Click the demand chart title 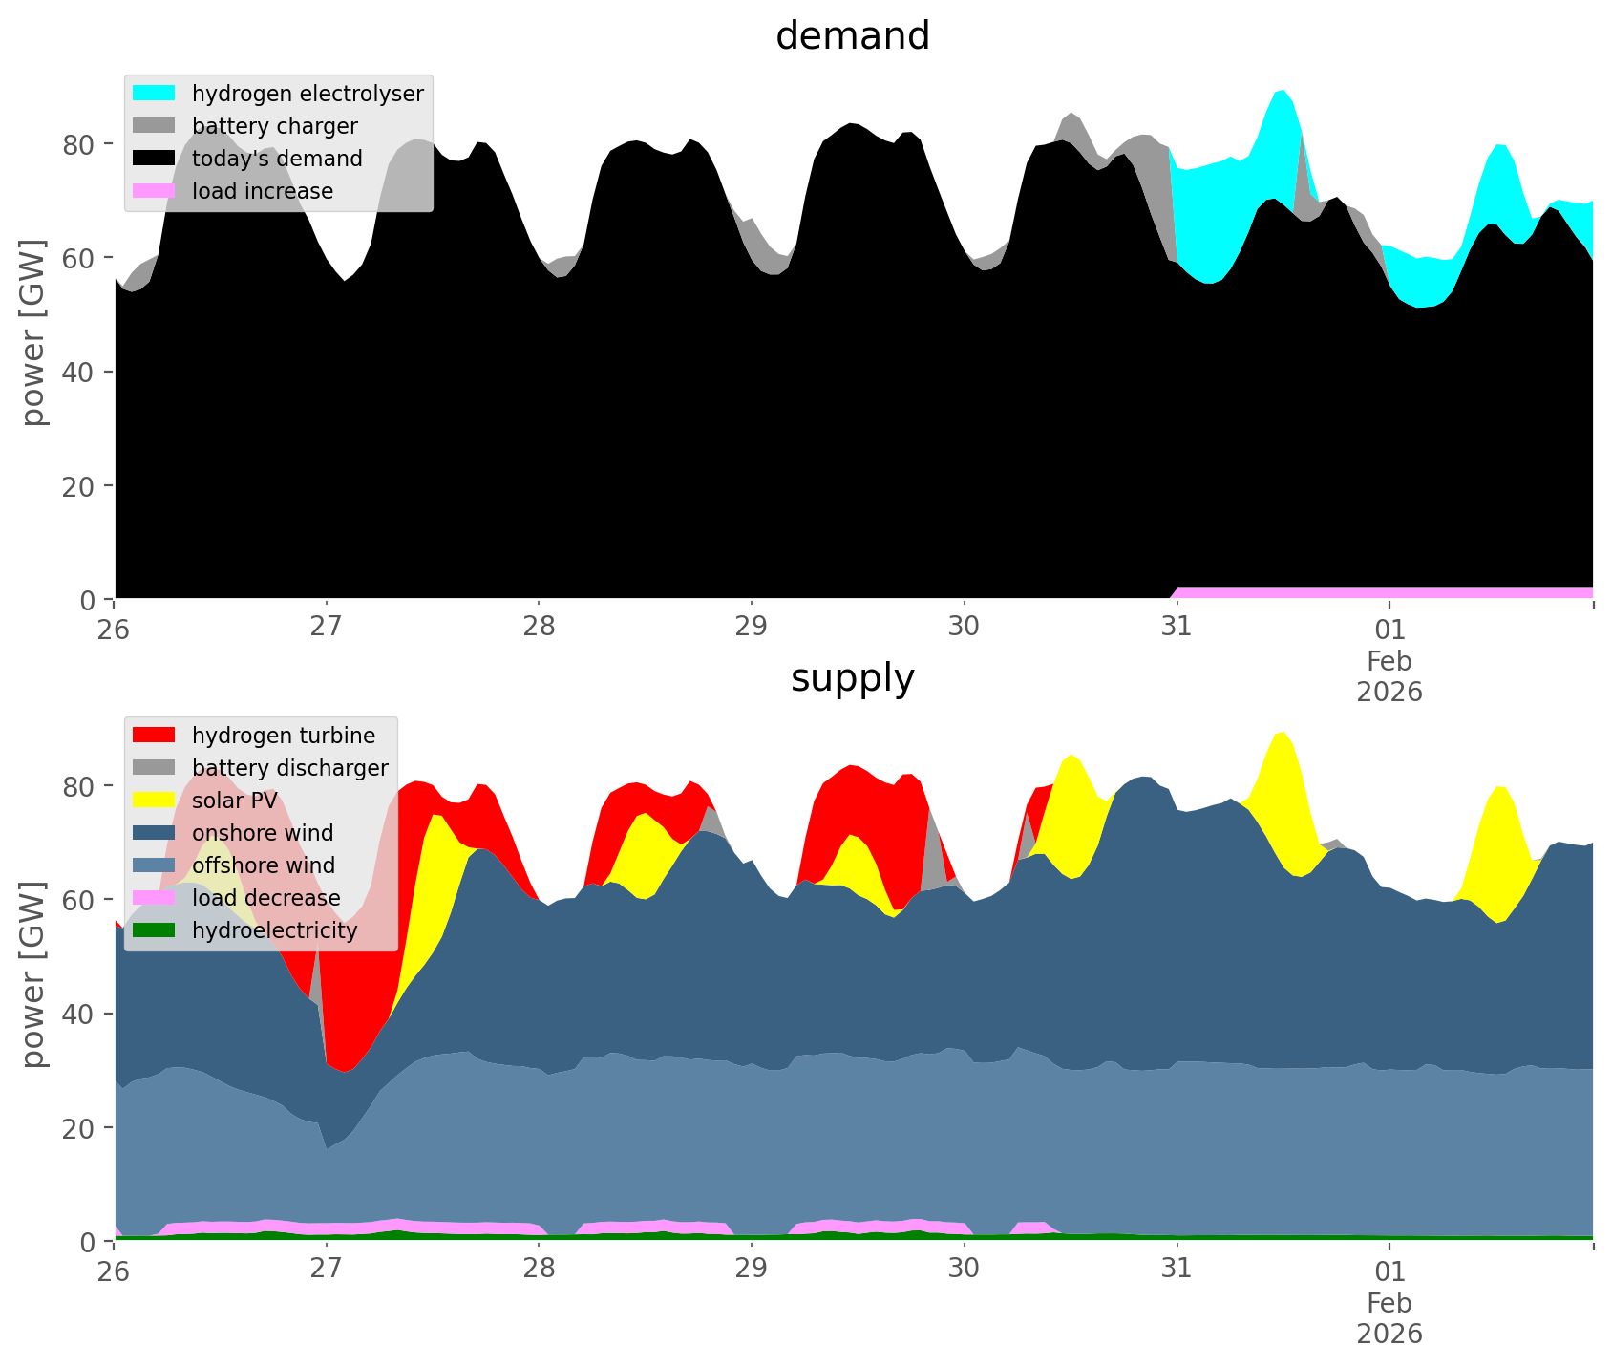852,36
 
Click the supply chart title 852,678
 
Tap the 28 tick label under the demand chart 539,630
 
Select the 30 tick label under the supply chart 964,1271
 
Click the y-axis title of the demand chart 34,332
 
